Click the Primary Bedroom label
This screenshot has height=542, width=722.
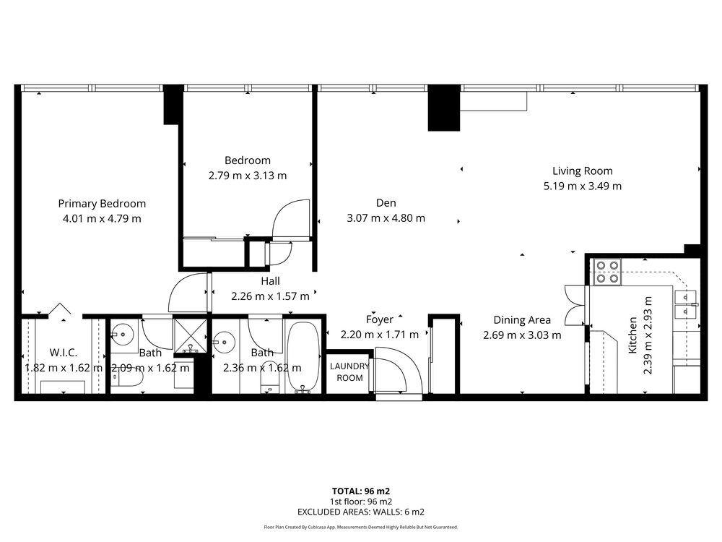[x=102, y=204]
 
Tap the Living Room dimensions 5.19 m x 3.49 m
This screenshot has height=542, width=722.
[x=583, y=186]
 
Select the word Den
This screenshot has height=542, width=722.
[x=386, y=203]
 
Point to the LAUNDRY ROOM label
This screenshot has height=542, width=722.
[x=349, y=372]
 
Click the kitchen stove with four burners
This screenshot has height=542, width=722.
[x=607, y=272]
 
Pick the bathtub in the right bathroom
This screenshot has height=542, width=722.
[x=303, y=357]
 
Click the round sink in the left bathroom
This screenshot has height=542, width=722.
[x=123, y=332]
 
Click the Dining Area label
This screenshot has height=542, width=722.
[x=522, y=320]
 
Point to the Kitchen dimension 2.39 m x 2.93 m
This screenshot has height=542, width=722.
[x=648, y=335]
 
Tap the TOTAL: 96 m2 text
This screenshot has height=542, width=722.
[x=361, y=491]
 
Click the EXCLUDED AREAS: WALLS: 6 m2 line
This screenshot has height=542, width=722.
[x=361, y=512]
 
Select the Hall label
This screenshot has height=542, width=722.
[x=270, y=281]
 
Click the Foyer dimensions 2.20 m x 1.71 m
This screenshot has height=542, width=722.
[x=380, y=335]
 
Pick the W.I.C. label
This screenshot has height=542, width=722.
[x=64, y=353]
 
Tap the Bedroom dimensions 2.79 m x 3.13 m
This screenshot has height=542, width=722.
[x=248, y=176]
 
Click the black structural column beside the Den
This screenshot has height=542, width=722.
[x=444, y=108]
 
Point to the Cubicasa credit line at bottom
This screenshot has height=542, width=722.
[x=361, y=527]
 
